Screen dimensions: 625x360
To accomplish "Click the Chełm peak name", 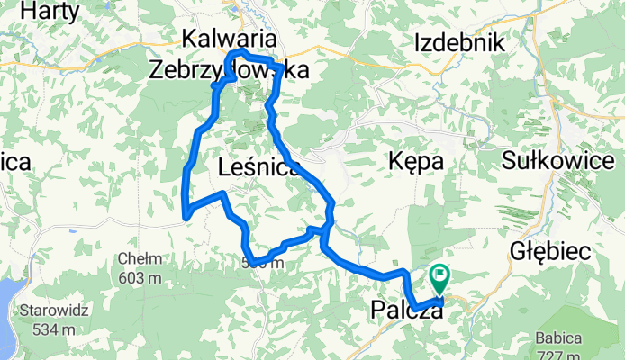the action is click(139, 259).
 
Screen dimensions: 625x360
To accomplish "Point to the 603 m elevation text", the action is click(139, 276).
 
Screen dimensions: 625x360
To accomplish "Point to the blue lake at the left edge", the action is click(5, 310).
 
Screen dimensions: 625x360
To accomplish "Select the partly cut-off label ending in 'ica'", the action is click(16, 162).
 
